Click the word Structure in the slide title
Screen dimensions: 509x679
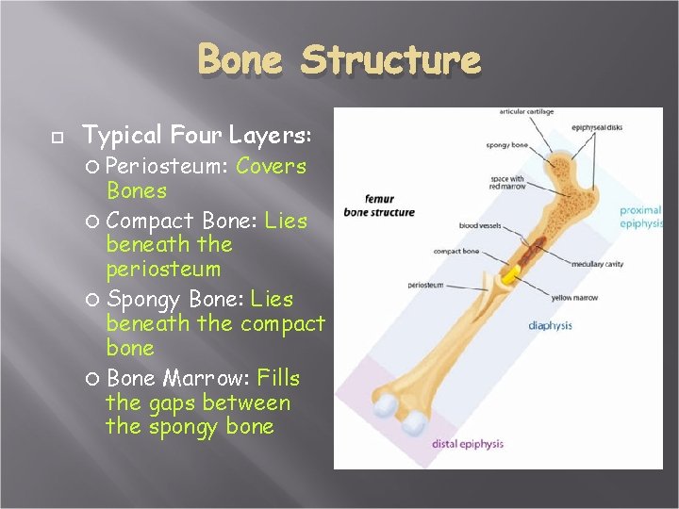390,60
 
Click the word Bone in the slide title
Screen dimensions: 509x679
240,60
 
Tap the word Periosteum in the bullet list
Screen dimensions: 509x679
166,167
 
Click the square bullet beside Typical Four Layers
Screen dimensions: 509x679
56,138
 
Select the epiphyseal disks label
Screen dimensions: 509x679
596,128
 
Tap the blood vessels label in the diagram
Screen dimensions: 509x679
480,226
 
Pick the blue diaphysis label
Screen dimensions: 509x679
550,326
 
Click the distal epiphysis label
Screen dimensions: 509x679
468,444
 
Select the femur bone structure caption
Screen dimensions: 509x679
378,206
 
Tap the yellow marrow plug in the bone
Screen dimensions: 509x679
510,275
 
